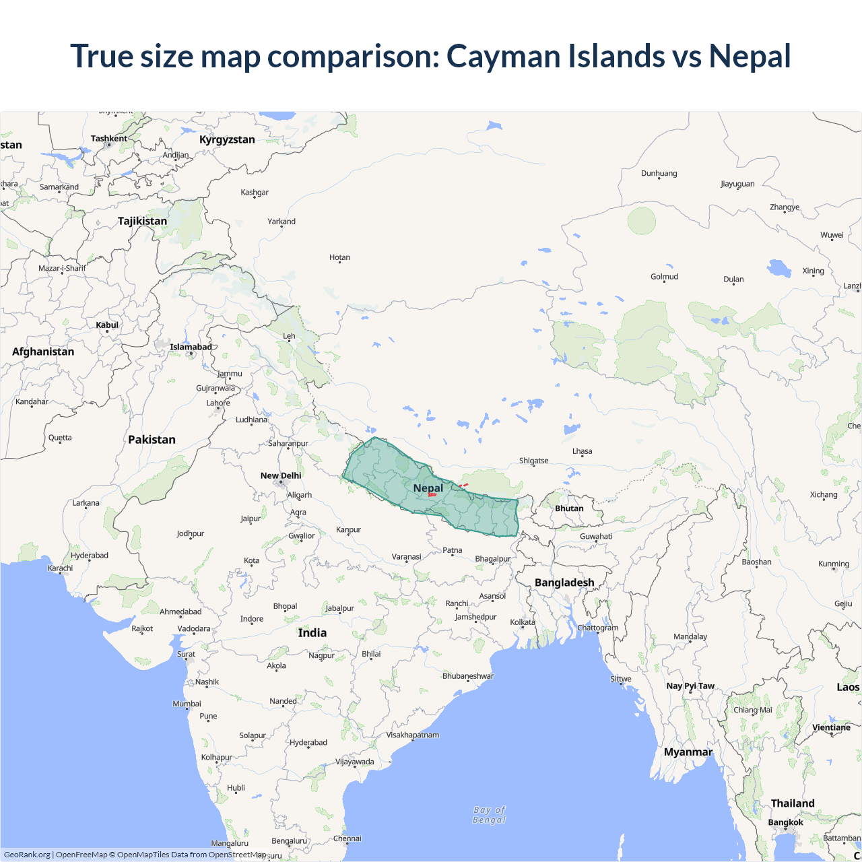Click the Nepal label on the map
pos(428,488)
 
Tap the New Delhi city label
pos(281,475)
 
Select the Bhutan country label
pos(569,508)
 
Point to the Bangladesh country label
pos(564,583)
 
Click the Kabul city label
pos(107,325)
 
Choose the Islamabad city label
pos(191,347)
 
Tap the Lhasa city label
pos(583,451)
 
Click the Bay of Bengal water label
pos(490,815)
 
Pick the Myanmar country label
pos(688,752)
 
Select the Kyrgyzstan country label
pos(227,139)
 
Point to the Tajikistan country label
pos(142,221)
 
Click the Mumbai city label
pos(187,704)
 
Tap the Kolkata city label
pos(523,622)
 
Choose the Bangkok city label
pos(786,822)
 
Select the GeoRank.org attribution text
pos(27,855)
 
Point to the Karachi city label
pos(60,568)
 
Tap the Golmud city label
pos(664,277)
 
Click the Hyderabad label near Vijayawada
pos(308,743)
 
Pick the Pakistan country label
pos(152,440)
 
